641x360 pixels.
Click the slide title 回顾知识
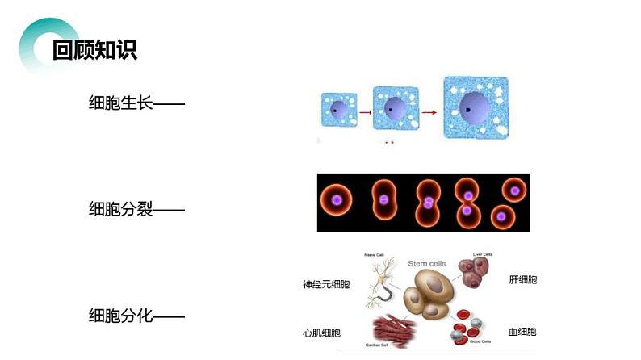coord(94,50)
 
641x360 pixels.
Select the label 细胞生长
coord(121,103)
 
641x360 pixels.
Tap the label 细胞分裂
coord(121,210)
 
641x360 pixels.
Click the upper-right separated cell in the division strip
coord(513,190)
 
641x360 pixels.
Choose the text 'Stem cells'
coord(426,262)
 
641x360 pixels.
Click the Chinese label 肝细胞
coord(522,280)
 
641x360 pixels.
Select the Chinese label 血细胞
coord(522,332)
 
